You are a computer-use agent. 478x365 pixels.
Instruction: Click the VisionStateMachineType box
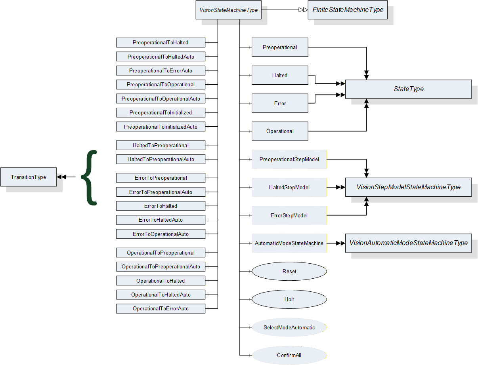[228, 10]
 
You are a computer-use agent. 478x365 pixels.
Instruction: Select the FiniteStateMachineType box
[348, 10]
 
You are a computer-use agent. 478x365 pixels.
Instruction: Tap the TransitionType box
[29, 177]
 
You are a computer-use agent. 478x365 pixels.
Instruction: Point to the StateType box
[408, 89]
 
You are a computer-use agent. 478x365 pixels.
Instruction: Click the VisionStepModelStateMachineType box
[408, 187]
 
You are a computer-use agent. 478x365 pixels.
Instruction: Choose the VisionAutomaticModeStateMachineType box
[408, 243]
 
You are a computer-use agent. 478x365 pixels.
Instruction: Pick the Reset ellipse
[289, 271]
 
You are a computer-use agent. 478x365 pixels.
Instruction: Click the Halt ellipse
[289, 299]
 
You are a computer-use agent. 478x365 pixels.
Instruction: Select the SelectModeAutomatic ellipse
[289, 327]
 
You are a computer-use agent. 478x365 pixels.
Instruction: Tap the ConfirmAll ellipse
[289, 355]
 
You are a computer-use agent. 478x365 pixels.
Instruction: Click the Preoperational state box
[280, 47]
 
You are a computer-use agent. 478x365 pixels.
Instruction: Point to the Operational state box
[280, 131]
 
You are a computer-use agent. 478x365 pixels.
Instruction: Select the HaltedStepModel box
[289, 187]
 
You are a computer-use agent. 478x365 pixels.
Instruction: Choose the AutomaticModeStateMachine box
[289, 243]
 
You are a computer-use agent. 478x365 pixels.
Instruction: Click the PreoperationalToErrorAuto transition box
[161, 70]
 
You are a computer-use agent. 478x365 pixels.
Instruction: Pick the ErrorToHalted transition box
[161, 206]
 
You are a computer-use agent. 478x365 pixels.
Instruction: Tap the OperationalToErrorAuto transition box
[161, 308]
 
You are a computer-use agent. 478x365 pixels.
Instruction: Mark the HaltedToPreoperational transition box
[161, 145]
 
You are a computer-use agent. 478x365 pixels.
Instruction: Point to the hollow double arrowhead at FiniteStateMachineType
[303, 10]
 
